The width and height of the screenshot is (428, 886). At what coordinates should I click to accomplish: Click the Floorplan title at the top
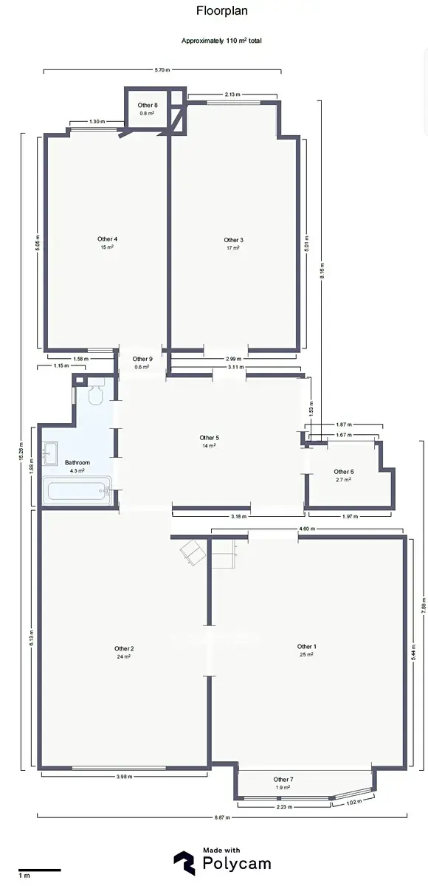[222, 10]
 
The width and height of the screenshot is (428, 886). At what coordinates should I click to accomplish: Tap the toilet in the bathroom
[96, 391]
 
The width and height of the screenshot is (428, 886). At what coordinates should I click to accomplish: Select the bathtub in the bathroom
[77, 490]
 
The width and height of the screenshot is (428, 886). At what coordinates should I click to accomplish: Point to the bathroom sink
[50, 453]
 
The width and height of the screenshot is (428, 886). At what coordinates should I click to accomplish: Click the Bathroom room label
[77, 462]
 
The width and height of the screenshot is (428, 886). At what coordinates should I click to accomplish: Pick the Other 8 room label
[148, 105]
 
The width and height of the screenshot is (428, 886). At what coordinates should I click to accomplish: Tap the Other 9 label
[142, 359]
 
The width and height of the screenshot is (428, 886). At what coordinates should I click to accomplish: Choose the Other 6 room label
[344, 472]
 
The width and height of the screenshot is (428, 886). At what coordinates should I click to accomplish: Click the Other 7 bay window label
[283, 779]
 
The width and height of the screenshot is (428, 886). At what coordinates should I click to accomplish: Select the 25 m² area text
[307, 655]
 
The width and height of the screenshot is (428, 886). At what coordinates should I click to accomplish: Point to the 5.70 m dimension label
[162, 70]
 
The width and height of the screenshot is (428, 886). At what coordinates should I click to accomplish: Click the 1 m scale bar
[40, 870]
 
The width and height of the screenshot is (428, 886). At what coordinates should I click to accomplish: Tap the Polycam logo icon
[184, 863]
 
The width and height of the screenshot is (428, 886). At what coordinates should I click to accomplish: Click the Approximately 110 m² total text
[221, 41]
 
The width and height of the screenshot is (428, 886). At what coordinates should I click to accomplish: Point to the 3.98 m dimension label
[124, 777]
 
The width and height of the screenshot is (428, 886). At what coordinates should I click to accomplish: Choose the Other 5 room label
[210, 437]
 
